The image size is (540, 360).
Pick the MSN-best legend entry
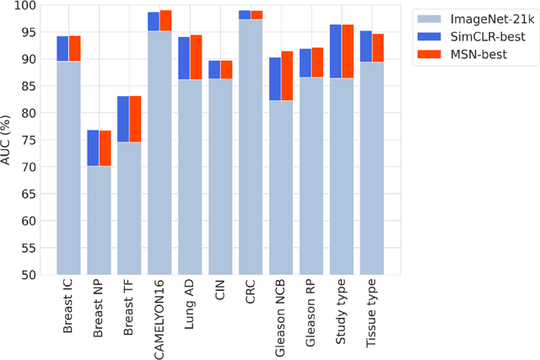point(474,54)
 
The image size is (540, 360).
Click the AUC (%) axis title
point(8,139)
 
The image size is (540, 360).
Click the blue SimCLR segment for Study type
point(335,51)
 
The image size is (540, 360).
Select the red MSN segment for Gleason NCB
point(287,76)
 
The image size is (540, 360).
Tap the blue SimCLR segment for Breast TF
point(123,119)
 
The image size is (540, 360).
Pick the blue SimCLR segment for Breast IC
point(62,49)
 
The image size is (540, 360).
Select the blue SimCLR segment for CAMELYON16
point(154,21)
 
